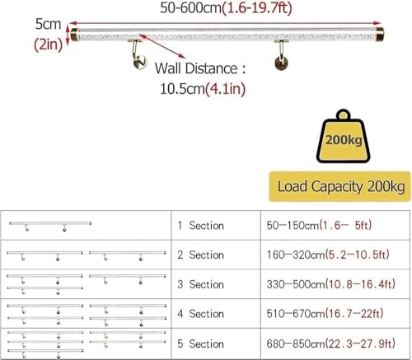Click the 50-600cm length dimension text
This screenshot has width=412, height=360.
pyautogui.click(x=226, y=8)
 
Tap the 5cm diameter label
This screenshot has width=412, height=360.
pyautogui.click(x=48, y=24)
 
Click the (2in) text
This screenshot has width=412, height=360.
pyautogui.click(x=49, y=44)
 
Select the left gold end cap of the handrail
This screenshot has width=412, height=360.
pyautogui.click(x=74, y=35)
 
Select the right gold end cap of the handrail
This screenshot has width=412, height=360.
pyautogui.click(x=380, y=34)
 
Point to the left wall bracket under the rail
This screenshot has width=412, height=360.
pyautogui.click(x=138, y=54)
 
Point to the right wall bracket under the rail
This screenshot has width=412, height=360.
pyautogui.click(x=281, y=54)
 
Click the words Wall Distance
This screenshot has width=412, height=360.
pyautogui.click(x=196, y=68)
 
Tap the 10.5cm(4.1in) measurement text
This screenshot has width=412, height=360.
pyautogui.click(x=203, y=89)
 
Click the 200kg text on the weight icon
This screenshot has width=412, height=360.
pyautogui.click(x=344, y=140)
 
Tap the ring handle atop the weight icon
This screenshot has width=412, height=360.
pyautogui.click(x=343, y=115)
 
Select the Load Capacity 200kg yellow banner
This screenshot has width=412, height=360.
pyautogui.click(x=339, y=186)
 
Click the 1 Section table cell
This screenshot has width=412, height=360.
pyautogui.click(x=216, y=225)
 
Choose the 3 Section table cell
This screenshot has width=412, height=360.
pyautogui.click(x=216, y=284)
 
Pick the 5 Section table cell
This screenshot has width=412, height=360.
pyautogui.click(x=216, y=344)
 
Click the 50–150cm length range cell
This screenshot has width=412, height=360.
pyautogui.click(x=335, y=225)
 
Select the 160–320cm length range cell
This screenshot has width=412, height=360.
pyautogui.click(x=335, y=255)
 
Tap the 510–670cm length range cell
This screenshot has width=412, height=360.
pyautogui.click(x=335, y=313)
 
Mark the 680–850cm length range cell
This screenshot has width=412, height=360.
pyautogui.click(x=335, y=344)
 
